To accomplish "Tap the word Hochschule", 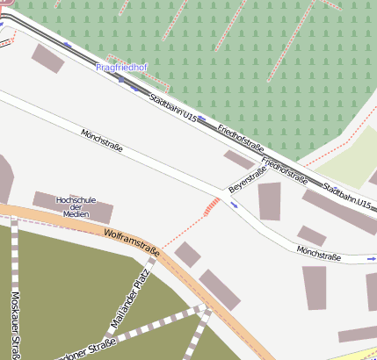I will (75, 200).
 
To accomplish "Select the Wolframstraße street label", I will (131, 242).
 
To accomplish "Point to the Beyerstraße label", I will (247, 181).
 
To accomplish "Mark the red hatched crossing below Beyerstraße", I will (212, 206).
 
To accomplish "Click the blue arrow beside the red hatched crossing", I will (234, 205).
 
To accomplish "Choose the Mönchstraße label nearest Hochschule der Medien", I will (101, 141).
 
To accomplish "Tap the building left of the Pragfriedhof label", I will (48, 58).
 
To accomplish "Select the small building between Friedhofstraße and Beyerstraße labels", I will (238, 160).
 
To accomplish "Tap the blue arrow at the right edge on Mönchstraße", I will (371, 260).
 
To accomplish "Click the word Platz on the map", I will (145, 275).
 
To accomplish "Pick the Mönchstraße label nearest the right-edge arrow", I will (318, 254).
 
